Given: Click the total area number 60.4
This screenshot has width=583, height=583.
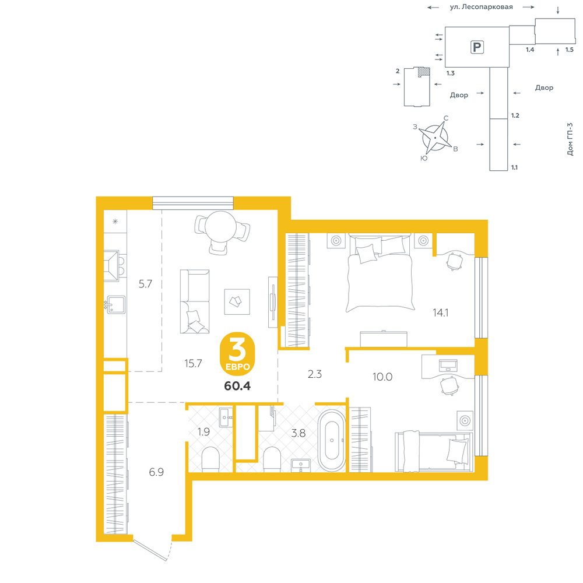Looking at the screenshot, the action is [237, 386].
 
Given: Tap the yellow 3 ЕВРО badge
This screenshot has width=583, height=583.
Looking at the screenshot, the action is [238, 354].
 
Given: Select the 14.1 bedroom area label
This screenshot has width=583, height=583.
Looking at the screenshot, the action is [440, 312].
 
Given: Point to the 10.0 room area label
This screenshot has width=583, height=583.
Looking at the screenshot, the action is [382, 377].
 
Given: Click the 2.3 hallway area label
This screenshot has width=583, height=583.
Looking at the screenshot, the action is [315, 374].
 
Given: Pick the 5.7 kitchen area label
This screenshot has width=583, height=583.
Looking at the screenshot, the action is [145, 284].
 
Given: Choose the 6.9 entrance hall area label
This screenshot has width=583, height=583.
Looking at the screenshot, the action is [156, 472].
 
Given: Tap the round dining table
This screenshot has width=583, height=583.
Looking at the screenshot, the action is [220, 227].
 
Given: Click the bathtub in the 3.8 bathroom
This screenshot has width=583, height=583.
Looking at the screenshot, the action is [332, 441].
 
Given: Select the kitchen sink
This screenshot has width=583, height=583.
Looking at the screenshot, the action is [116, 305].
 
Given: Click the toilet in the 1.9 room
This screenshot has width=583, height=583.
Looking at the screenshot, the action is [211, 459].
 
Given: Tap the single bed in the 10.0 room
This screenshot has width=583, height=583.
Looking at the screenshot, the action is [434, 452].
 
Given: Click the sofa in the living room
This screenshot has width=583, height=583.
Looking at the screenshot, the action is [195, 301].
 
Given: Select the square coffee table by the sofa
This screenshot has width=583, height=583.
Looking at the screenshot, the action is [237, 301].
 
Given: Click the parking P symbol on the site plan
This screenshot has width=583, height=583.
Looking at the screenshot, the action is [477, 47].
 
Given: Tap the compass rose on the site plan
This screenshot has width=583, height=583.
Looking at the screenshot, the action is [436, 138].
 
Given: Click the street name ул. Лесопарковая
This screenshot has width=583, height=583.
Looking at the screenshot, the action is [481, 7].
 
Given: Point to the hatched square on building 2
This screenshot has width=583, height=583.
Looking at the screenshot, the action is [424, 72].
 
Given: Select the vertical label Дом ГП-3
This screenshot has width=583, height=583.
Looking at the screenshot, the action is [570, 139].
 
